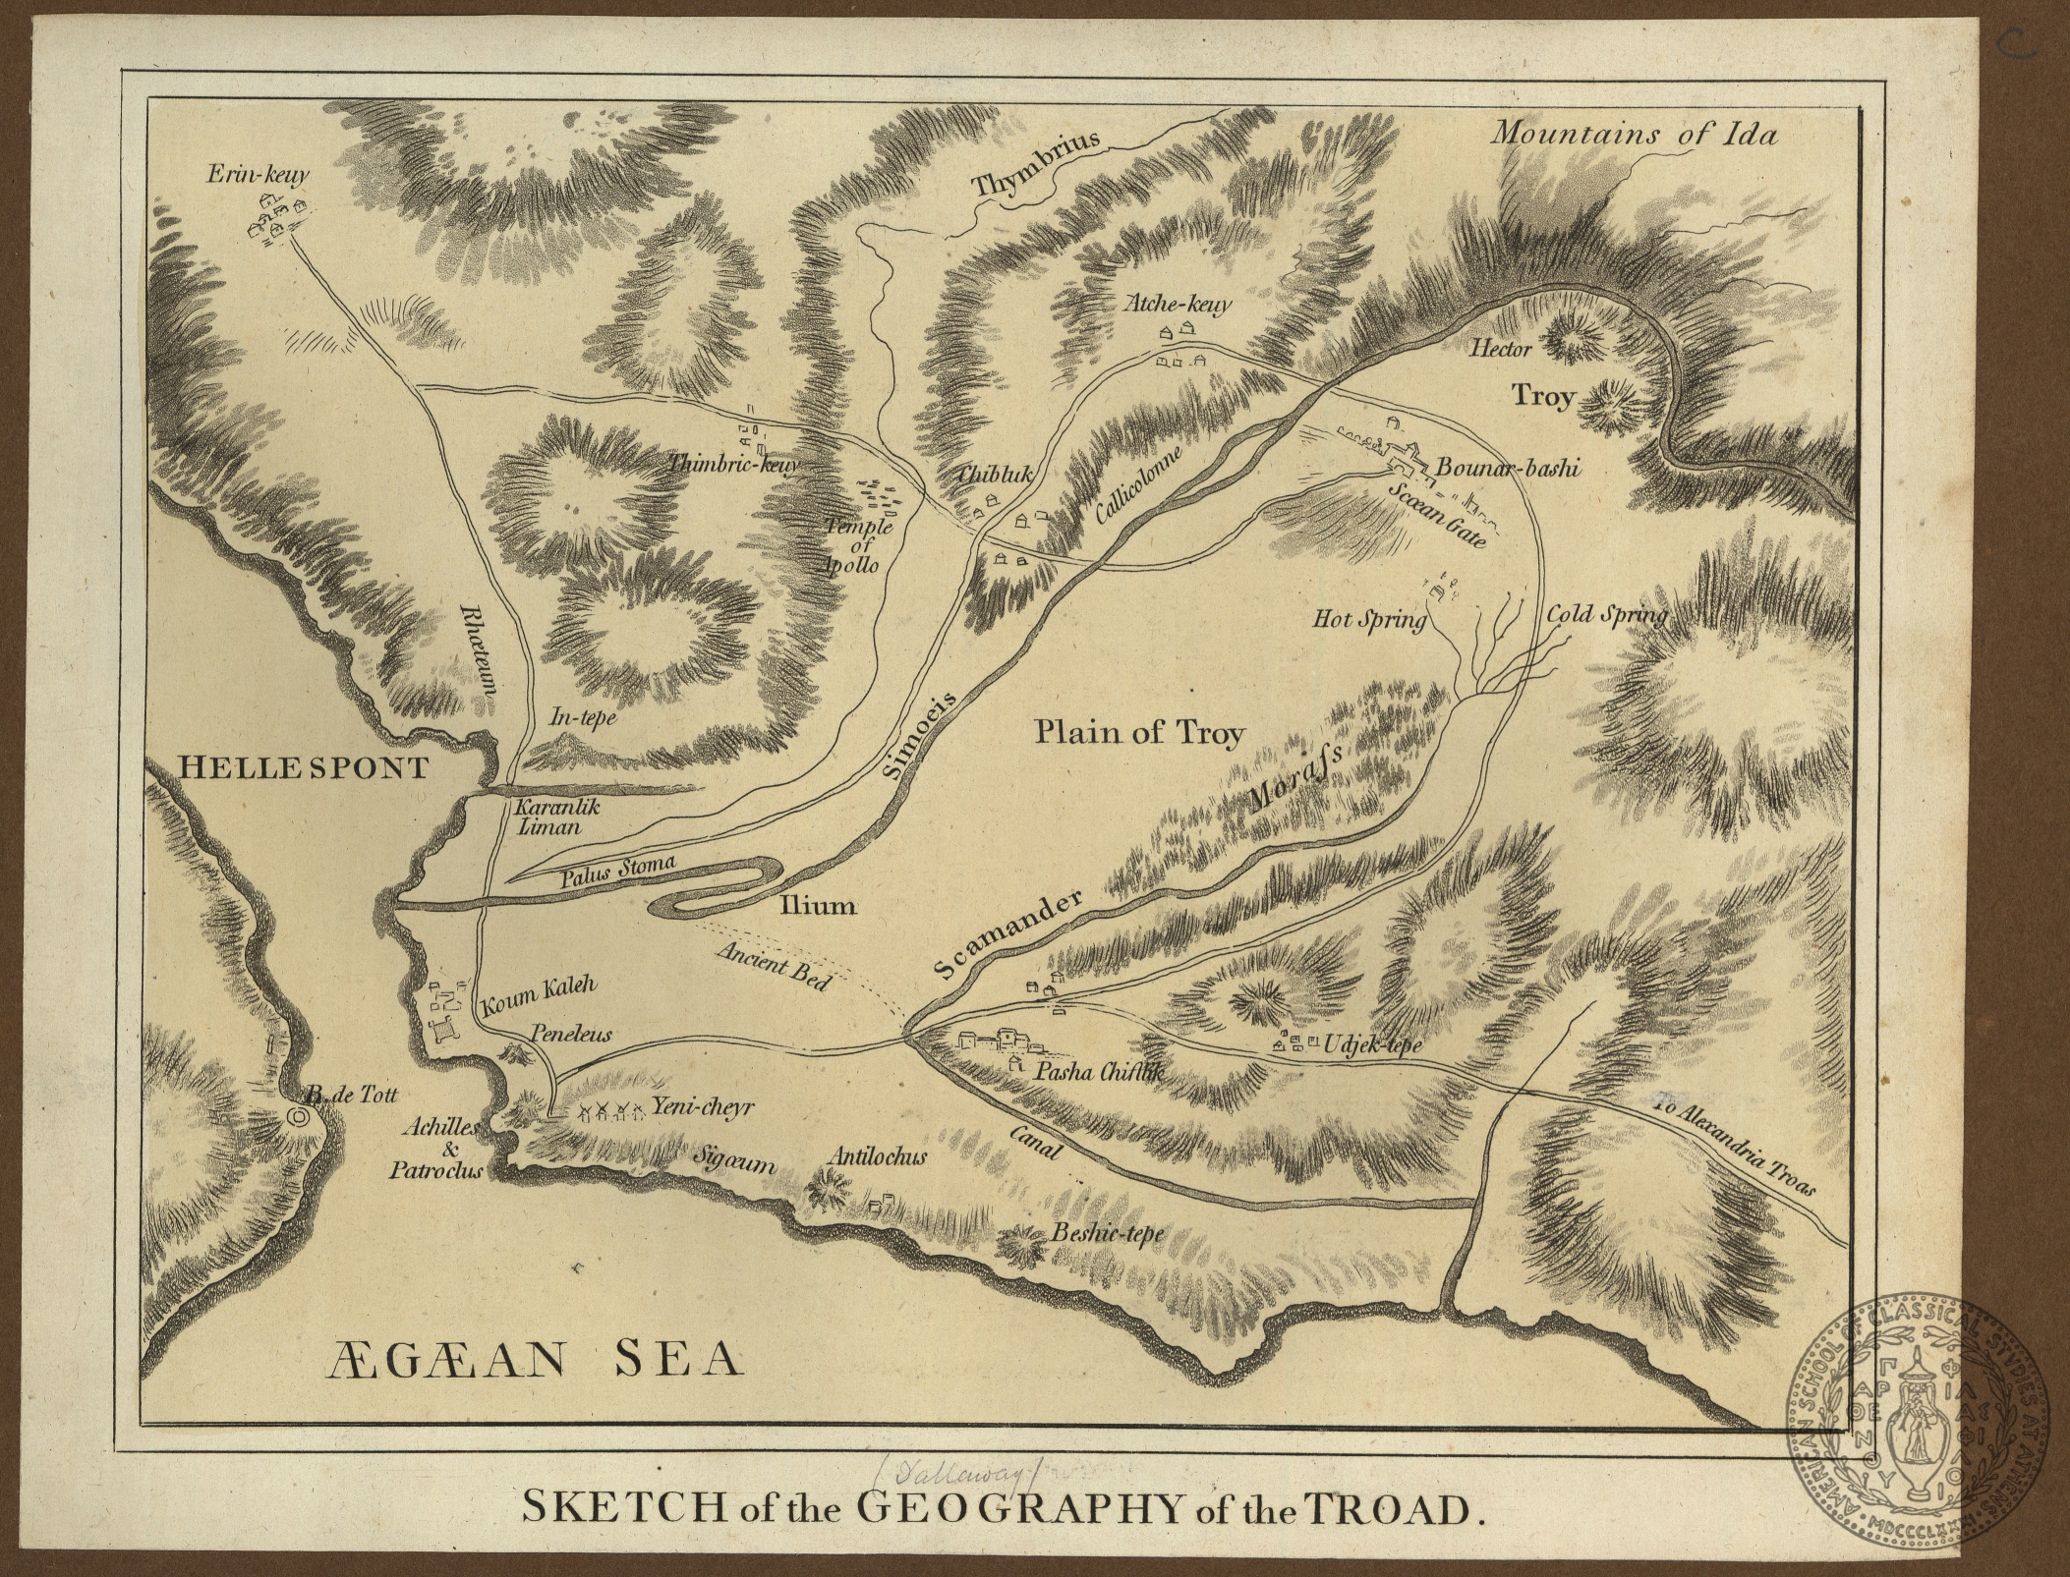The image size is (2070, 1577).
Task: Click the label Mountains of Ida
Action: click(1633, 135)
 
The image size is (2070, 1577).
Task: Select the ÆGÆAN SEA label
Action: click(534, 1362)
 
